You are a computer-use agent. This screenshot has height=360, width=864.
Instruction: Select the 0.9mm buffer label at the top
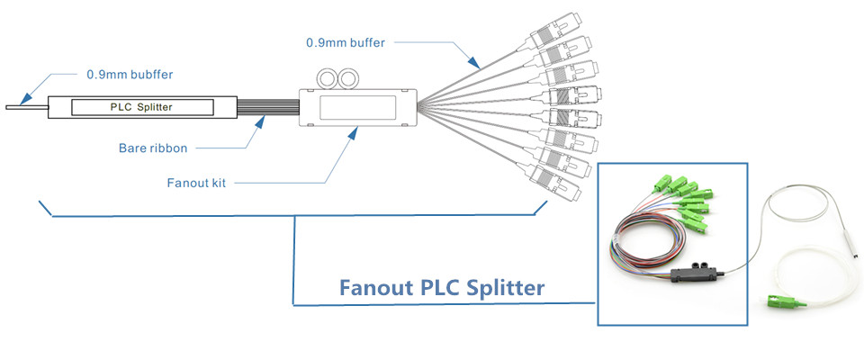(x=346, y=41)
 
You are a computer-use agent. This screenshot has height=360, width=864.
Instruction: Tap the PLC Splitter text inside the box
(x=141, y=108)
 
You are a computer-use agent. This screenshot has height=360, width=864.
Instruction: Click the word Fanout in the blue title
(x=376, y=289)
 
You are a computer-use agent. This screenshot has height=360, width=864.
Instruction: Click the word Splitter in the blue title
(x=502, y=289)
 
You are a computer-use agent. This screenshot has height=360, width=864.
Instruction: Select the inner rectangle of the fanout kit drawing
(x=358, y=109)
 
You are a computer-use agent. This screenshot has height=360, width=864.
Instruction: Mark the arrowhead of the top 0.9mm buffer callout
(x=477, y=67)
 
